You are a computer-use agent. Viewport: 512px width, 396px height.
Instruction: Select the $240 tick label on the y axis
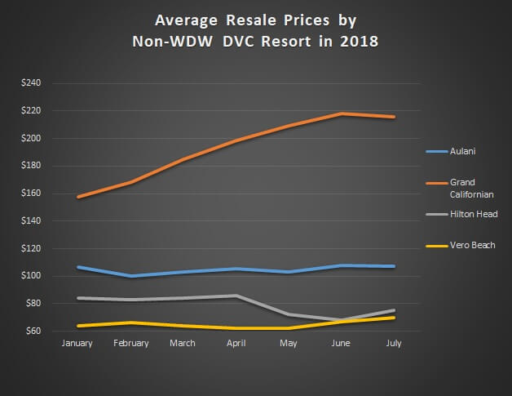click(x=41, y=83)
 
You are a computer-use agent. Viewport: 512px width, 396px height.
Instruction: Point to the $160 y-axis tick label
click(x=41, y=194)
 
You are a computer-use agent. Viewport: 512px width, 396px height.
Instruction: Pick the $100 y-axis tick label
click(x=41, y=276)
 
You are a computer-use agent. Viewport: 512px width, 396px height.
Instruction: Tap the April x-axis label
click(x=236, y=344)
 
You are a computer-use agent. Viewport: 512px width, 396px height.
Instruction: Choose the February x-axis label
click(x=131, y=344)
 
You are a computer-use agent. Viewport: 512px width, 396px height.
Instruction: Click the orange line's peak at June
click(x=342, y=113)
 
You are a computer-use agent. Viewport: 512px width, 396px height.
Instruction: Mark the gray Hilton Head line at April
click(x=236, y=296)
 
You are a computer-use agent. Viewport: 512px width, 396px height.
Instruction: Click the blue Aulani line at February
click(x=131, y=276)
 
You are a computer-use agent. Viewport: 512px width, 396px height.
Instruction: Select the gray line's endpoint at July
click(x=394, y=310)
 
